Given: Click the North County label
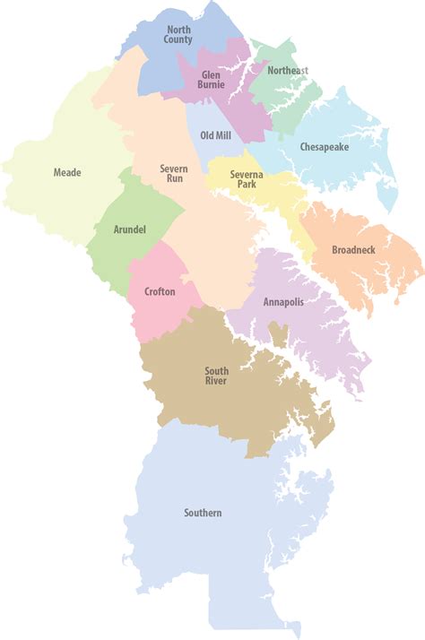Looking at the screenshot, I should point(178,35).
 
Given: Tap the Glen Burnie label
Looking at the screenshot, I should point(211,80).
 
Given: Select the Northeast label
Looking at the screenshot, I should point(287,70).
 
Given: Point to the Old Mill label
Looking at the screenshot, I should point(215,135).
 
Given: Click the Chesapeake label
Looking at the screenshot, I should point(324,146).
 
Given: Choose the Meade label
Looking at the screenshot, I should point(66,171).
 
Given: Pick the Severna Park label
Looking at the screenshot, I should point(244,178).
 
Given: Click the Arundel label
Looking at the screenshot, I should point(129,229).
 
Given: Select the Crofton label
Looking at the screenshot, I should point(160,291).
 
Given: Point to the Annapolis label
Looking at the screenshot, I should point(283,301).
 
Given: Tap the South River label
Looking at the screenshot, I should point(216,376).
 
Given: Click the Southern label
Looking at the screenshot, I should point(203,514).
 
